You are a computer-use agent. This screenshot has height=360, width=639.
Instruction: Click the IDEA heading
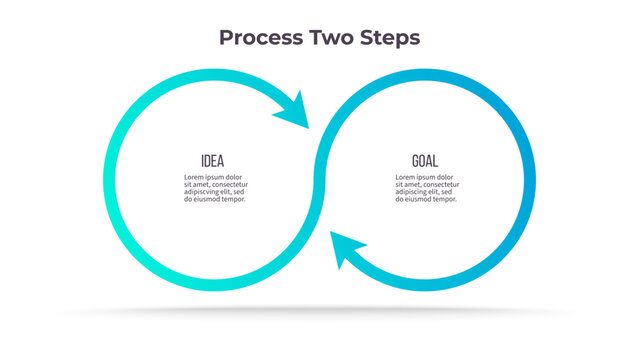click(x=212, y=161)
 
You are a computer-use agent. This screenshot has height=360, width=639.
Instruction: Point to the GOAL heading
click(x=425, y=161)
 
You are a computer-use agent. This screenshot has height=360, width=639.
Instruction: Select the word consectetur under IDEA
click(x=229, y=185)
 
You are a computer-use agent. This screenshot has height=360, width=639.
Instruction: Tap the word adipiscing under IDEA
click(x=203, y=192)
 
